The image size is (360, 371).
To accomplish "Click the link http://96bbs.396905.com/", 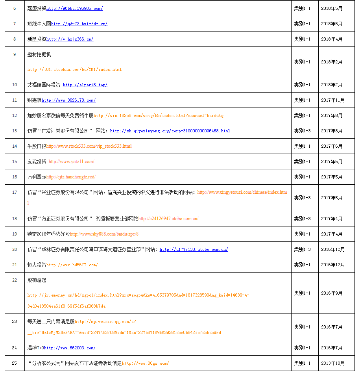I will coord(74,8).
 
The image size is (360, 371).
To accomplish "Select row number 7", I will coord(15,24).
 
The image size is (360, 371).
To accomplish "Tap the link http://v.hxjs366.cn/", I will coord(70,39).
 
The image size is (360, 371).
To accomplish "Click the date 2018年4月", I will coord(332,39).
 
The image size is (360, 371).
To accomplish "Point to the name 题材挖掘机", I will coord(39,54).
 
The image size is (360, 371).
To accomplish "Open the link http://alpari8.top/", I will coord(85,85).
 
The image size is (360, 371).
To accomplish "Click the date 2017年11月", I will coord(333,100).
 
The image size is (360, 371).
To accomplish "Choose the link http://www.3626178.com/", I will coord(68,100).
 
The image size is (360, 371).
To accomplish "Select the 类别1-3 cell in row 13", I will coord(302,131).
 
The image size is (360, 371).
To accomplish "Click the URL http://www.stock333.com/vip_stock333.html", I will coord(89,146).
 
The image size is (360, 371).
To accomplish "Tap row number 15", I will coord(15,161).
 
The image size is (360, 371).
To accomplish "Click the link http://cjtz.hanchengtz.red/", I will coord(71,177).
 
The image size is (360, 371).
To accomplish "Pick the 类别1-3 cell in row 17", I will coord(302,198).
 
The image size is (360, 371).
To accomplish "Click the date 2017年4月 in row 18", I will coord(332,219).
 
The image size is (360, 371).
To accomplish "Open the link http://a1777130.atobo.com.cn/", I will coord(194,249).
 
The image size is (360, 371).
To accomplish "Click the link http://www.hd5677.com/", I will coord(72,265).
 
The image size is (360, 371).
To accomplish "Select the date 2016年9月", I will coord(332,293).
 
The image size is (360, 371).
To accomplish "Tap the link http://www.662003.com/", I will coord(70,348).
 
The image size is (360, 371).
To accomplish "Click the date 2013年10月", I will coord(333,363).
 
